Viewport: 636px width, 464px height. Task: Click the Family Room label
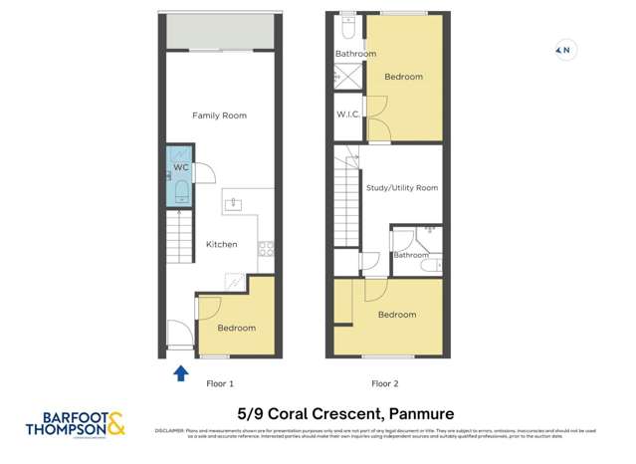coord(219,116)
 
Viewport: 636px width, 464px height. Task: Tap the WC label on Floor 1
coord(181,167)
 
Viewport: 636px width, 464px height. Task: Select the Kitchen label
coord(221,244)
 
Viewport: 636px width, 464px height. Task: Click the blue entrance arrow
coord(180,373)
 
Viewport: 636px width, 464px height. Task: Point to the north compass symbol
coord(564,49)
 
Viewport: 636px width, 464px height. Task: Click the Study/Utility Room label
coord(402,187)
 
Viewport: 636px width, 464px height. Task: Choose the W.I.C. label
coord(347,115)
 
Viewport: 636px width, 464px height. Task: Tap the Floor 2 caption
coord(385,382)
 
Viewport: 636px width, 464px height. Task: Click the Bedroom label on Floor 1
coord(236,328)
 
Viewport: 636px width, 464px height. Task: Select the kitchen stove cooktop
coord(266,249)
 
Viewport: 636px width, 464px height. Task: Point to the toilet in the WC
coord(181,189)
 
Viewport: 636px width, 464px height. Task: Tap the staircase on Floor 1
coord(178,239)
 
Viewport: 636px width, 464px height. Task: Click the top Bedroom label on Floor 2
coord(404,77)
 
